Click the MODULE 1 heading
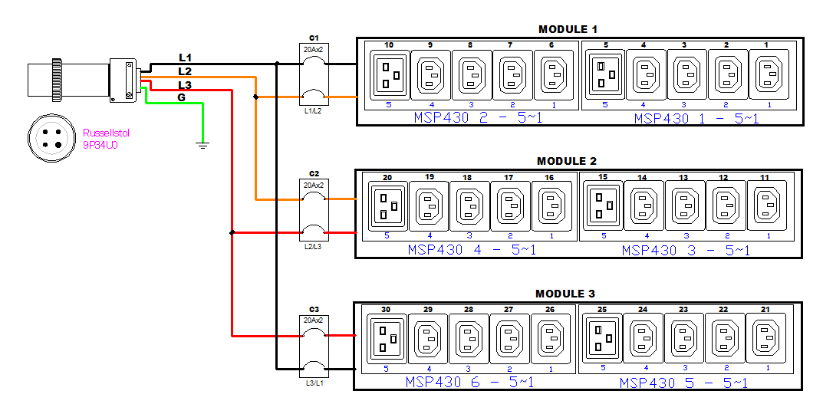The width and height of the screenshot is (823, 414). click(568, 29)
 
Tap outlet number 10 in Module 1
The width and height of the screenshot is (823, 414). click(389, 74)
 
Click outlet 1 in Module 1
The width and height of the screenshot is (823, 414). click(768, 74)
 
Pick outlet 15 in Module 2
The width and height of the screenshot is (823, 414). click(603, 205)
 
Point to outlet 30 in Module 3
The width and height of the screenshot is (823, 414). click(386, 337)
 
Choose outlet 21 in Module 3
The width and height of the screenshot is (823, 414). click(765, 337)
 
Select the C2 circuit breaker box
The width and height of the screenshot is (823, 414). click(314, 210)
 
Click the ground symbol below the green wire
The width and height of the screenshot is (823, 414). click(202, 144)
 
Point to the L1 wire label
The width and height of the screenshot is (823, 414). click(185, 58)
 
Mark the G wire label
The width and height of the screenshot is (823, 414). click(182, 97)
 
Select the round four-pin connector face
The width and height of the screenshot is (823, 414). click(51, 138)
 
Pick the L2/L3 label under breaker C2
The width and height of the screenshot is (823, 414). click(314, 246)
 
